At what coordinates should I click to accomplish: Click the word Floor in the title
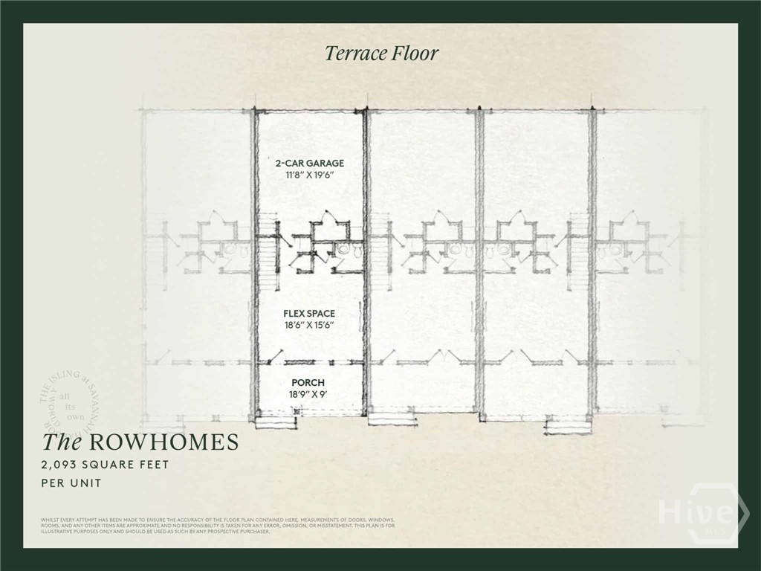coord(417,54)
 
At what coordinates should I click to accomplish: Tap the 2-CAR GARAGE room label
coord(309,163)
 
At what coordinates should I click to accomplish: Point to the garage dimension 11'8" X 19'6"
coord(309,175)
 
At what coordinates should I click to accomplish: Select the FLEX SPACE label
coord(309,314)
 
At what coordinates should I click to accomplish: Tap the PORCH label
coord(308,382)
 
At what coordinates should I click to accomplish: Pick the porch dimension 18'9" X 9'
coord(308,395)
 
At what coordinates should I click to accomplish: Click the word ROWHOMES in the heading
coord(164,442)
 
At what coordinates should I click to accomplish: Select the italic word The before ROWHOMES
coord(61,442)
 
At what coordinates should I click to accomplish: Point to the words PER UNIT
coord(71,483)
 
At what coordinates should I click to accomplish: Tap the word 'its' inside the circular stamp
coord(71,407)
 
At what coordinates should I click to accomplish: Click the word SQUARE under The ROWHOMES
coord(109,465)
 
